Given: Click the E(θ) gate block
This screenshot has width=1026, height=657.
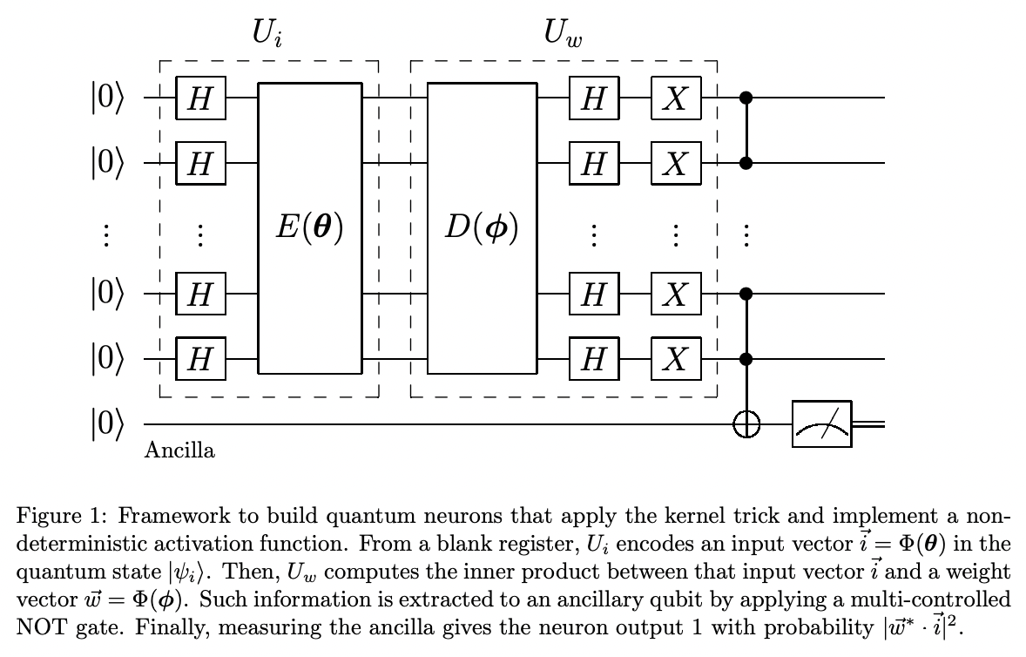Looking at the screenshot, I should (310, 227).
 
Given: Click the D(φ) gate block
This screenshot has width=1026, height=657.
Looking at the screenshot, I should (482, 227).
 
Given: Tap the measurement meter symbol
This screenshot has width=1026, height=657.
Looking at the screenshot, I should (821, 424).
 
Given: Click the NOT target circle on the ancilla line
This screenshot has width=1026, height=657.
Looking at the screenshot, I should (746, 424).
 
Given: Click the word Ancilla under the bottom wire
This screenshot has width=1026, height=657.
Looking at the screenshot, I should (179, 451).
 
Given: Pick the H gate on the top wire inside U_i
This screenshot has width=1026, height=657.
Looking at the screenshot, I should (200, 98).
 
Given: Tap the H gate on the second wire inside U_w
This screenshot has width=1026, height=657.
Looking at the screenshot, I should (593, 163).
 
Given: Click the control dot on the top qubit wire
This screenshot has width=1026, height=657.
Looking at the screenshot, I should (746, 98).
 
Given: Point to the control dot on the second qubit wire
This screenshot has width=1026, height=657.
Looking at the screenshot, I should (746, 163).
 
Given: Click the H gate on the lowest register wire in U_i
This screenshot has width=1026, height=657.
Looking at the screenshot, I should (200, 358).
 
